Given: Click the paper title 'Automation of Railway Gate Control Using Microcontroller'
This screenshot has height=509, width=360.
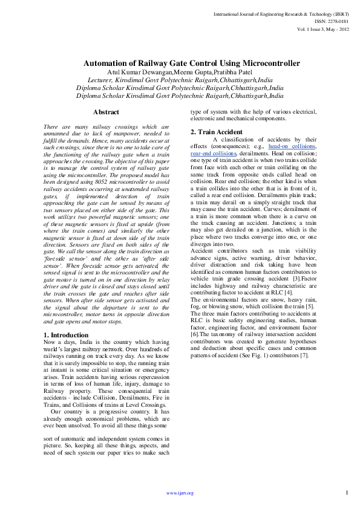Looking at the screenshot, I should point(192,63).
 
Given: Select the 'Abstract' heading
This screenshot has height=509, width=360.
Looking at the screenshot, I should point(106,112).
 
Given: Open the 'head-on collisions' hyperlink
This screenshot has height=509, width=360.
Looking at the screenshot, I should point(292,147).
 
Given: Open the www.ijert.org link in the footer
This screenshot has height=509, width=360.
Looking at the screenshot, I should point(180,493).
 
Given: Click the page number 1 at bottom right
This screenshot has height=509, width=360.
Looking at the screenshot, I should point(347,492).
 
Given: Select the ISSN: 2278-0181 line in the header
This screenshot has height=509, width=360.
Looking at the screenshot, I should point(331,21).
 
